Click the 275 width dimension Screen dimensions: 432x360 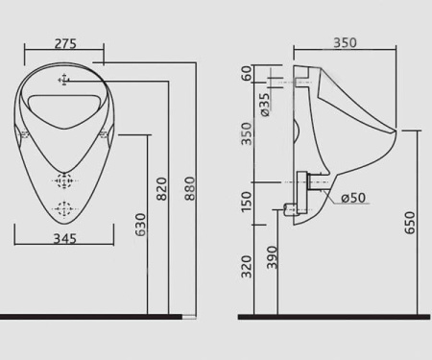pyautogui.click(x=65, y=43)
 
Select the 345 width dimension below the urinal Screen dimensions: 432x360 pyautogui.click(x=64, y=238)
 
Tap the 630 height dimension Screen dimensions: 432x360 pyautogui.click(x=140, y=225)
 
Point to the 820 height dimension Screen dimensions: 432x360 pyautogui.click(x=162, y=189)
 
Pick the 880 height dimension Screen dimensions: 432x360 pyautogui.click(x=190, y=188)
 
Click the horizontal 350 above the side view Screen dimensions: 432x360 pyautogui.click(x=345, y=42)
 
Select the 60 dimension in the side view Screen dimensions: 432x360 pyautogui.click(x=247, y=73)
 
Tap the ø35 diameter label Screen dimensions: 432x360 pyautogui.click(x=265, y=105)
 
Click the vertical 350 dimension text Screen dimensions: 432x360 pyautogui.click(x=247, y=133)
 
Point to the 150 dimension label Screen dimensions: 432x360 pyautogui.click(x=247, y=202)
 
